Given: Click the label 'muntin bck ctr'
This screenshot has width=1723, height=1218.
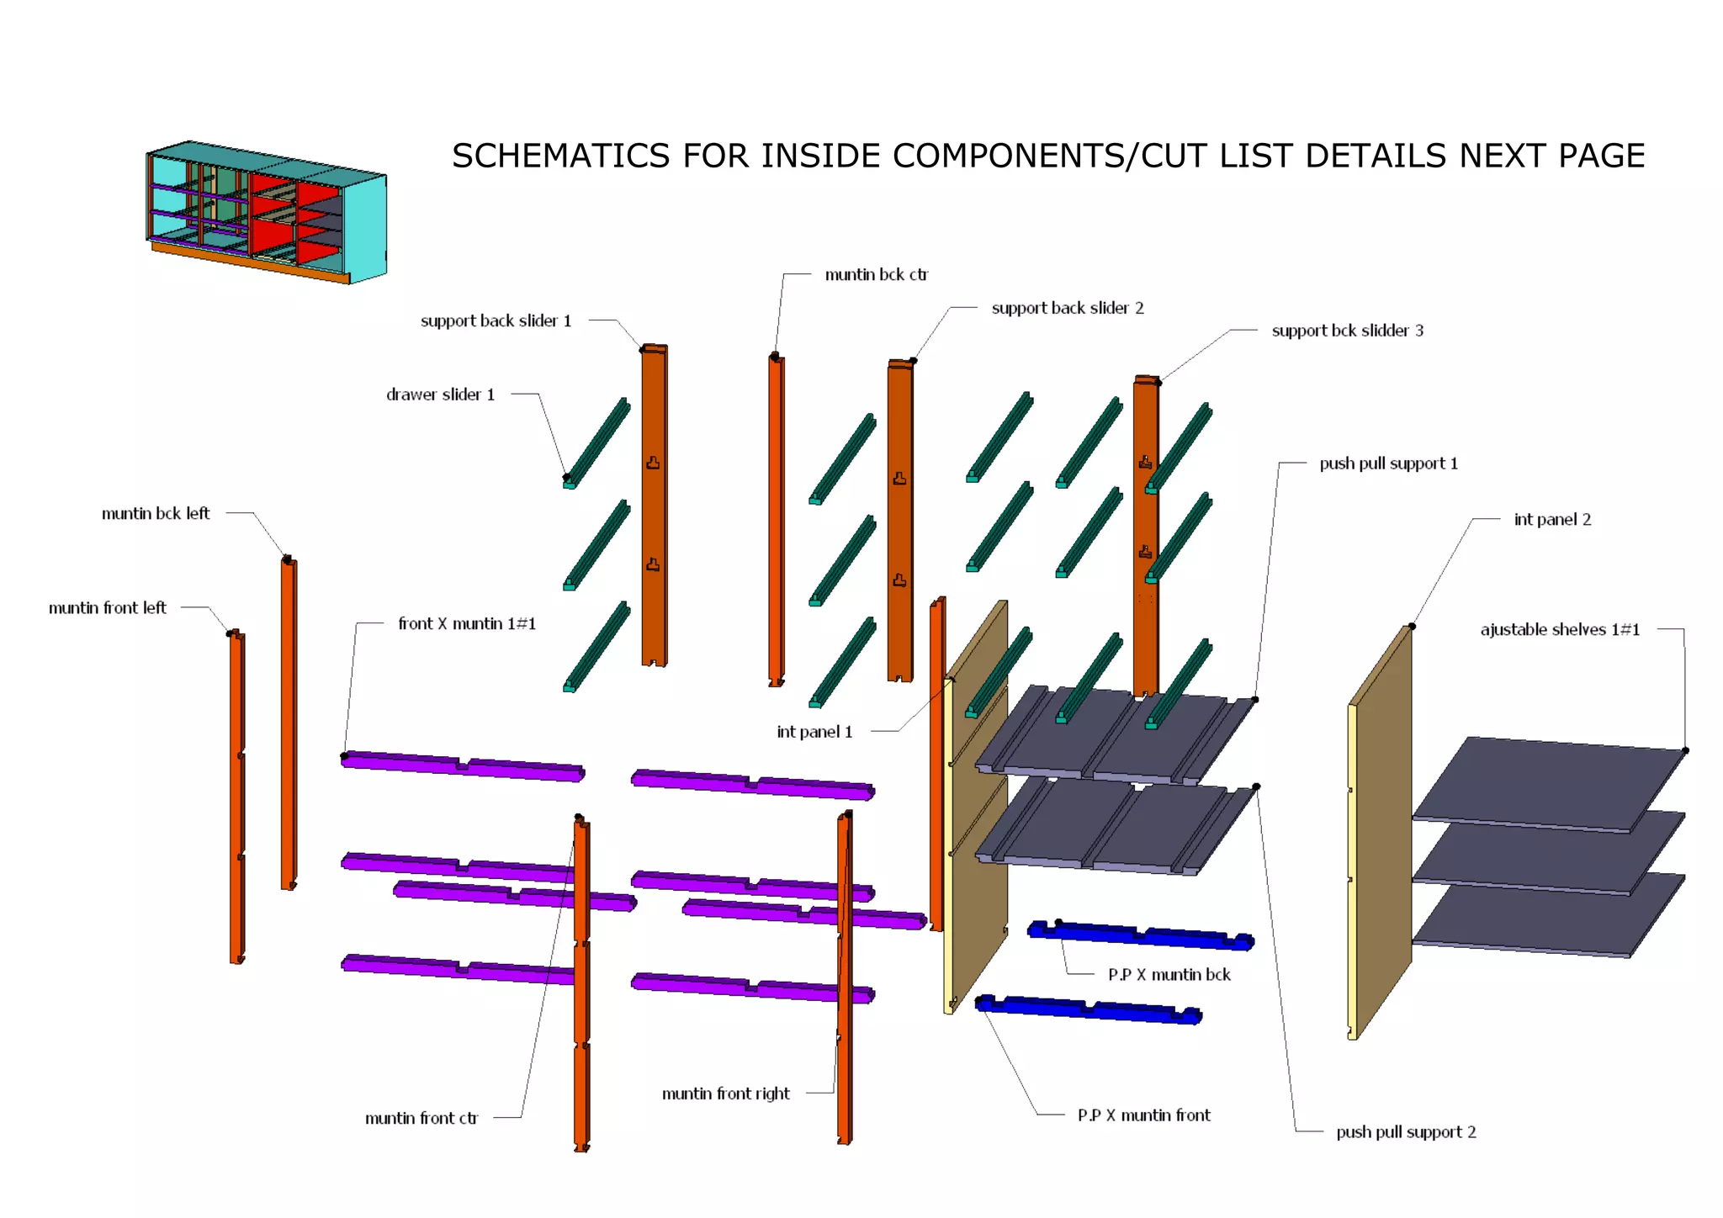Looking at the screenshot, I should (876, 275).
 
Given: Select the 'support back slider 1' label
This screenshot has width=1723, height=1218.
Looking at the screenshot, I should (496, 321).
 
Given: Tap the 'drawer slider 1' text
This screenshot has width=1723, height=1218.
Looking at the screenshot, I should (440, 395).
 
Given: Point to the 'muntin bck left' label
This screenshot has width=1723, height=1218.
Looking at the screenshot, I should (156, 514).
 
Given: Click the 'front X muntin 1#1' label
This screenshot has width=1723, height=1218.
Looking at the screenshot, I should (467, 624).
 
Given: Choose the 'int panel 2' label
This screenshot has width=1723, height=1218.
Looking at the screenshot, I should (1552, 520).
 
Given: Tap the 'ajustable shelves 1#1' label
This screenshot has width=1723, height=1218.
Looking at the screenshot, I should (1560, 630).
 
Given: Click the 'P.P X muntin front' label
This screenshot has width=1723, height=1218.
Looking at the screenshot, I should (1143, 1115).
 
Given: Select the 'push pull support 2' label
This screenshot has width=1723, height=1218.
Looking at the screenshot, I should (1406, 1132).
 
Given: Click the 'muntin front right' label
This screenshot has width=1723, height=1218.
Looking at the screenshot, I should (725, 1094).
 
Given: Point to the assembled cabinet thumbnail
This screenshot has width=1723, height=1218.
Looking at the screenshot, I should (267, 212).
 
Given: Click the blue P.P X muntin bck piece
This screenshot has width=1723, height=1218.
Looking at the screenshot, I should (1140, 935).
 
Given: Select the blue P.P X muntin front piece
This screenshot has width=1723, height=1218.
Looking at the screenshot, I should (1088, 1009).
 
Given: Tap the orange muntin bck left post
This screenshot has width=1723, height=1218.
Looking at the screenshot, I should (289, 723).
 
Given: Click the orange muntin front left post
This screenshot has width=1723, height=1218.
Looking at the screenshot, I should (236, 799).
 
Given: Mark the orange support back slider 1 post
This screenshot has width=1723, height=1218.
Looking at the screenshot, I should (654, 505).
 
